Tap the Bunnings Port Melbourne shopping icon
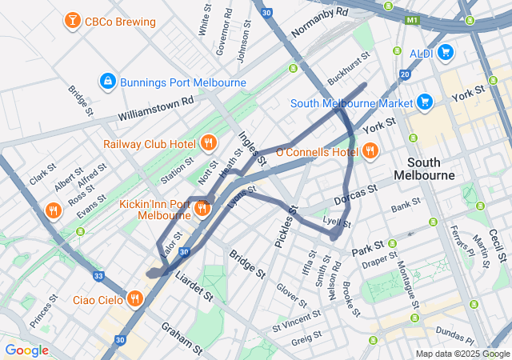(107, 81)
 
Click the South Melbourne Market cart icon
(425, 102)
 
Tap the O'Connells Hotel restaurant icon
(370, 150)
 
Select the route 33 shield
(98, 275)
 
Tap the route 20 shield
(405, 74)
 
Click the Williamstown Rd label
(156, 110)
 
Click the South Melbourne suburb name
(425, 166)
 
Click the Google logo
(26, 350)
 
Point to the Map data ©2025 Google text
(462, 354)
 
